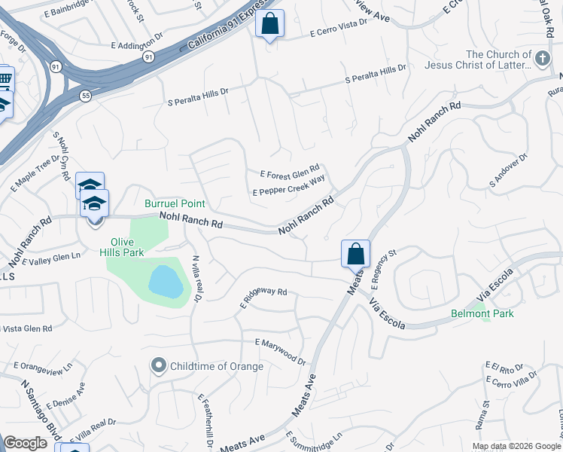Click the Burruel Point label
pos(175,204)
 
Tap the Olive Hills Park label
pos(122,248)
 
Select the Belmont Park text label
pos(482,313)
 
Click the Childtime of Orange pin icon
pos(158,366)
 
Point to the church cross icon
pos(541,59)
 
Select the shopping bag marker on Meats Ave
pos(355,254)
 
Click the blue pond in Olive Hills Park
pos(166,282)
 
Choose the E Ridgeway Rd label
pos(263,297)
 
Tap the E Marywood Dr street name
pos(280,352)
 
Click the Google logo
pos(25,443)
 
